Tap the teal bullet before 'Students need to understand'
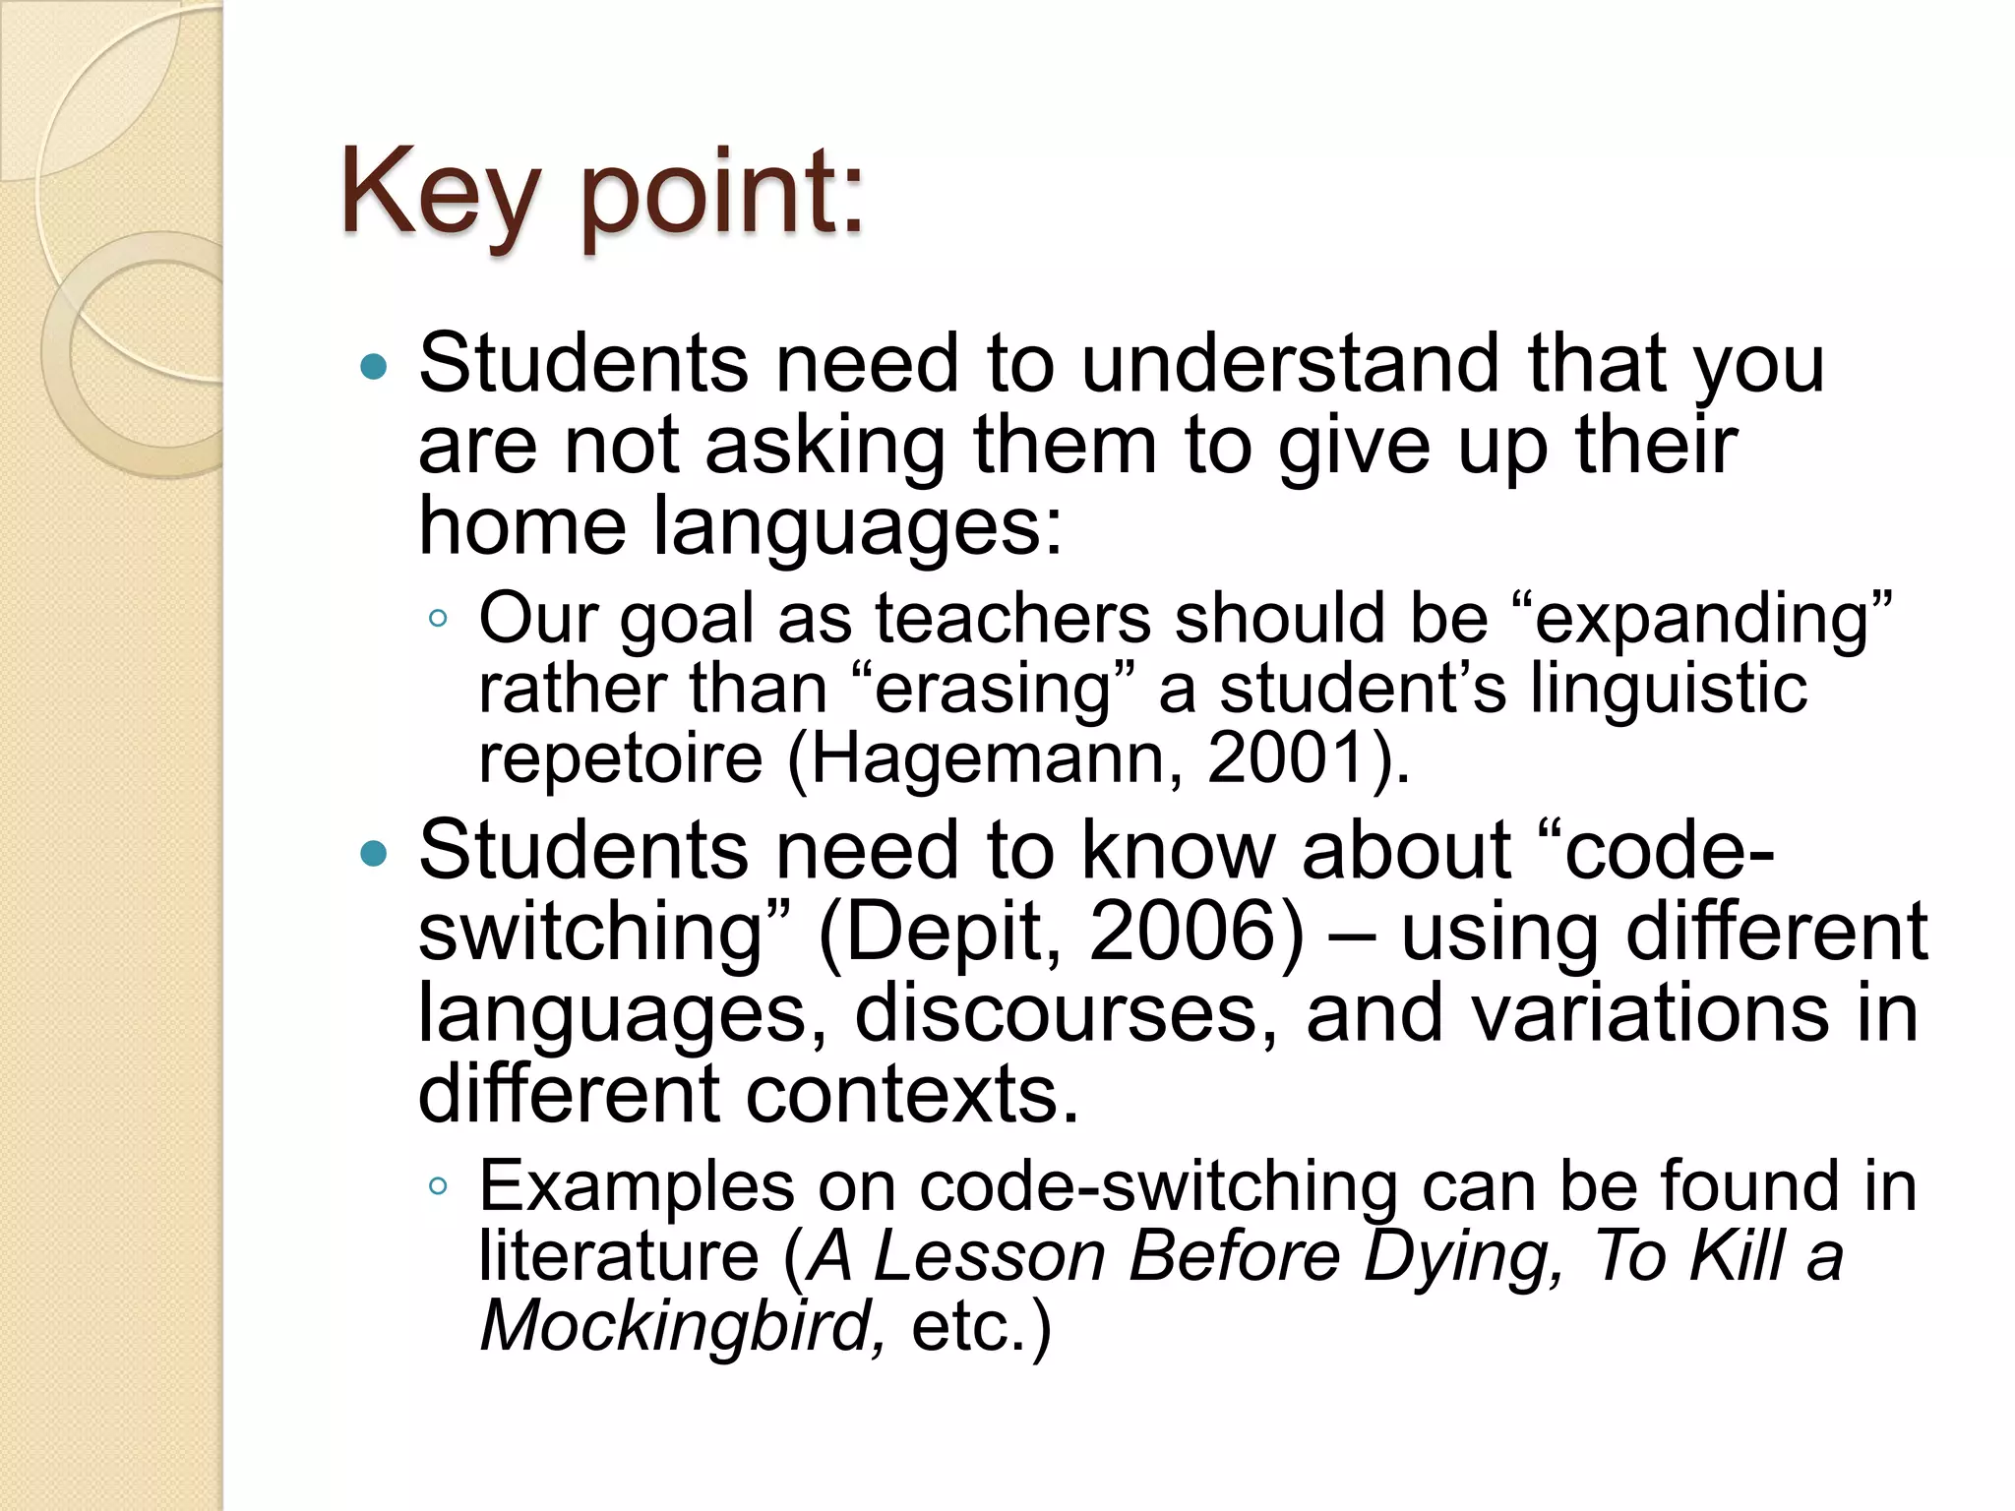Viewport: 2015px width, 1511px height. click(x=375, y=368)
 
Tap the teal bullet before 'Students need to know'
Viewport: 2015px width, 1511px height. click(x=375, y=853)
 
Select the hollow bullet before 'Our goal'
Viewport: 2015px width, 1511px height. click(x=439, y=619)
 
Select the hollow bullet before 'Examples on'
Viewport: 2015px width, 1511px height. click(x=439, y=1185)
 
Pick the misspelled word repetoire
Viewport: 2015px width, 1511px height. click(x=620, y=758)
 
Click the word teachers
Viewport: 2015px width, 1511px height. click(x=1012, y=620)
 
